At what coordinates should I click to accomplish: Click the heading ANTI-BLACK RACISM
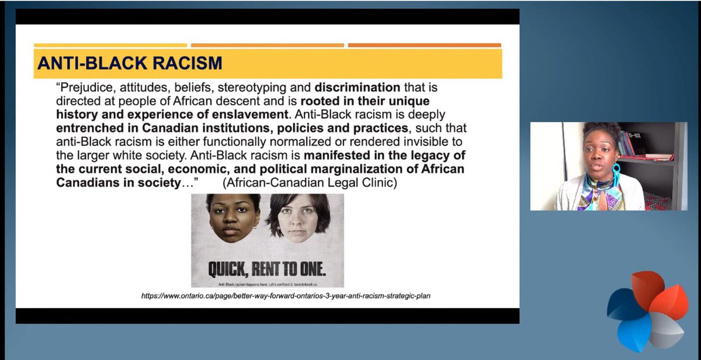[130, 63]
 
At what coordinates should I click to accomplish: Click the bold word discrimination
[358, 88]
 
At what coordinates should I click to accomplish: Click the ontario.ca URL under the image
[286, 296]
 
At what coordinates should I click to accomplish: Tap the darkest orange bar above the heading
[424, 45]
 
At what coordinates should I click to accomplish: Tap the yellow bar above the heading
[110, 45]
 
